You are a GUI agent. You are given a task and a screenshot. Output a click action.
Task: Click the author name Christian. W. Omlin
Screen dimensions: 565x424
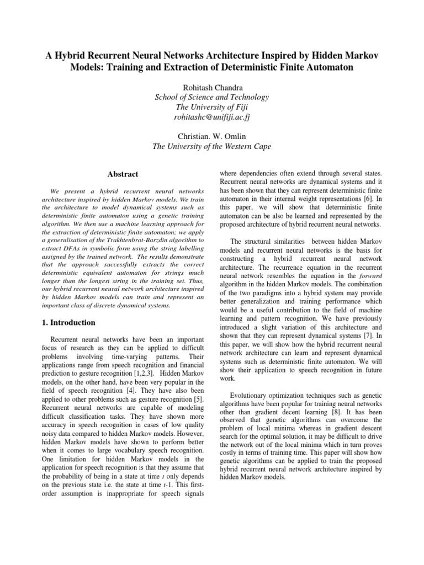(x=213, y=136)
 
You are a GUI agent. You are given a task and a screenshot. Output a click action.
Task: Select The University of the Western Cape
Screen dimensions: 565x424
(x=213, y=146)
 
